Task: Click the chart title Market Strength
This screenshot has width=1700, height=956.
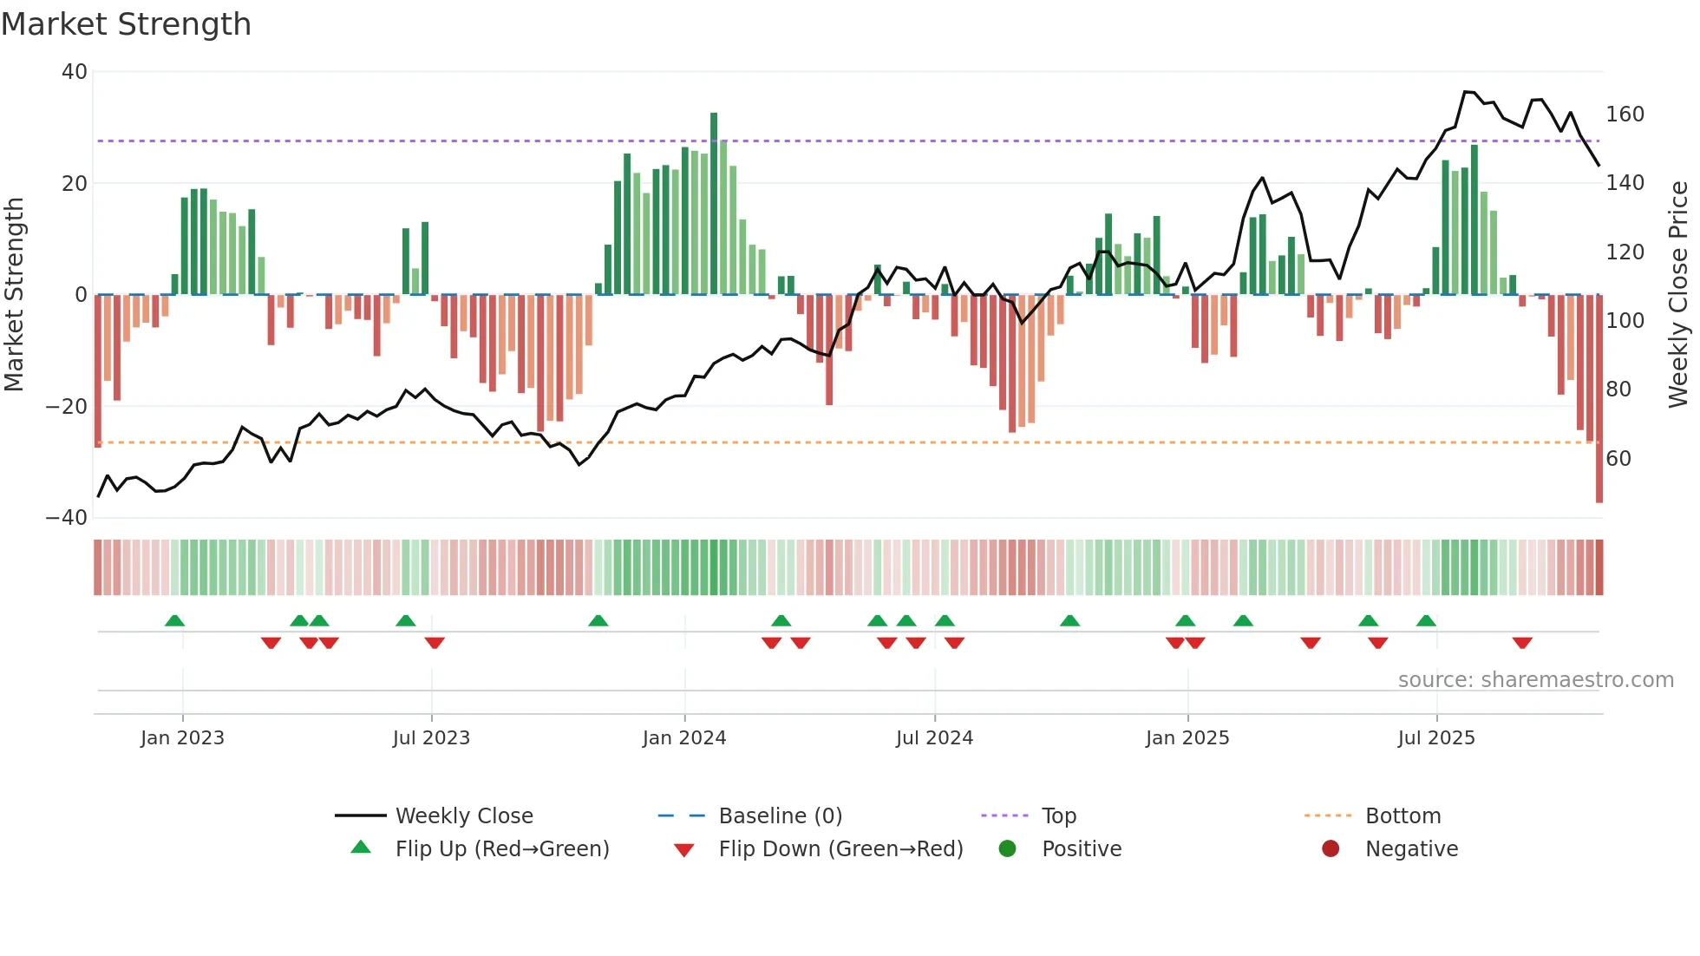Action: (126, 24)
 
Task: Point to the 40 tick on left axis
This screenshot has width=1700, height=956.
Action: (75, 72)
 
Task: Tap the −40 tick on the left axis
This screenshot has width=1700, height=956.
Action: (67, 518)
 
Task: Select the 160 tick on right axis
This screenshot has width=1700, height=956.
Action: (1625, 115)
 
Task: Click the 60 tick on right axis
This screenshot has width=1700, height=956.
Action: (1618, 459)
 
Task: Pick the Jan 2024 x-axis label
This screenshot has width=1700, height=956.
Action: (684, 738)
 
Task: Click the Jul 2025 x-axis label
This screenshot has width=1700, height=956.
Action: (1436, 738)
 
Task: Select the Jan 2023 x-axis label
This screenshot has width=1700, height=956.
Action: (182, 738)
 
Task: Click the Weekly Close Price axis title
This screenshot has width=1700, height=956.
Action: (1678, 295)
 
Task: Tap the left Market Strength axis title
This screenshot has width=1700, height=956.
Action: (15, 295)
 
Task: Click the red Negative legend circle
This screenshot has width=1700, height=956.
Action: (1331, 849)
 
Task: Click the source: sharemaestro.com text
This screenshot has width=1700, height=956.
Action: (1535, 680)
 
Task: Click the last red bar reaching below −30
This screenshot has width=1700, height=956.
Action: (1599, 399)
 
